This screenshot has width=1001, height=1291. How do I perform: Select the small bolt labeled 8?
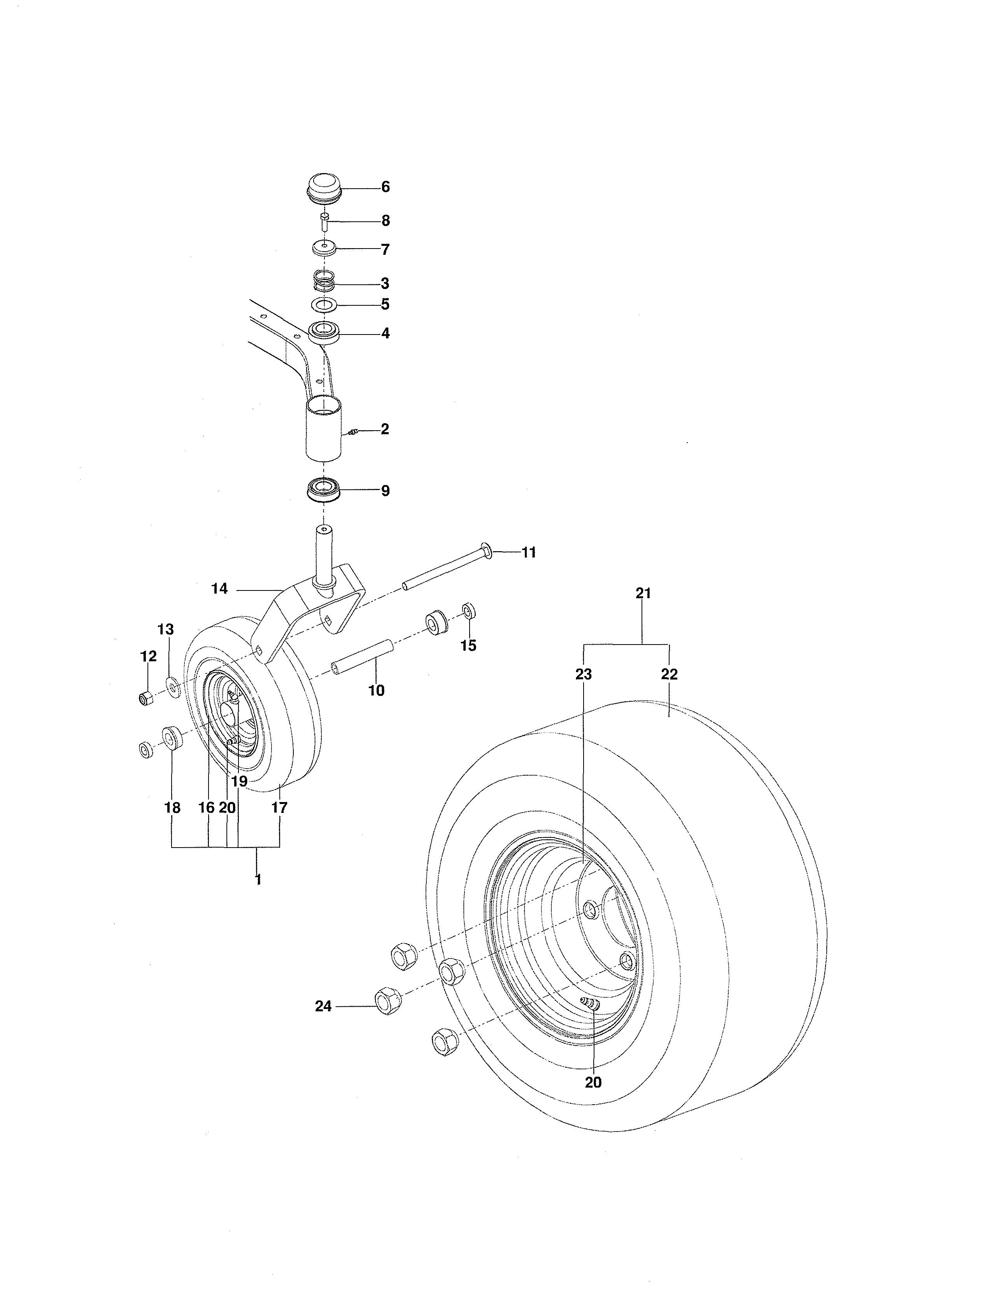(x=324, y=222)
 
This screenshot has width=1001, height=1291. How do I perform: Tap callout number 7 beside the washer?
(x=385, y=249)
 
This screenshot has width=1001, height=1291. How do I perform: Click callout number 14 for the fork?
(x=219, y=589)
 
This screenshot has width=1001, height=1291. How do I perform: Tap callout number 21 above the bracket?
(x=643, y=593)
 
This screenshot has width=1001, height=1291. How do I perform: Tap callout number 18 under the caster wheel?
(x=173, y=808)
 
